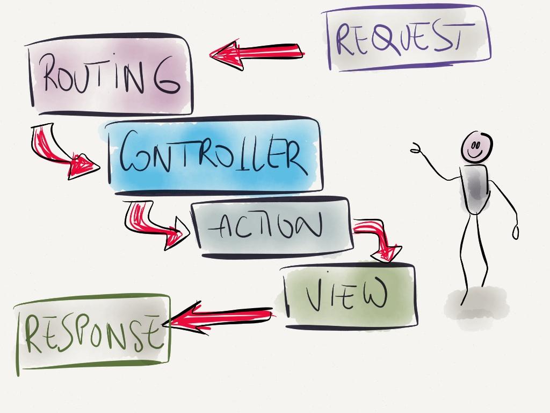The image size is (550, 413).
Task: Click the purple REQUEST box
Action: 408,38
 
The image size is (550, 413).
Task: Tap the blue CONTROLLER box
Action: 215,156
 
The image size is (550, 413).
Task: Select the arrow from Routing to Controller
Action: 59,151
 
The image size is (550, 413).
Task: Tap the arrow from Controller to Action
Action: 150,223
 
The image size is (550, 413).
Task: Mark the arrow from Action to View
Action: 379,237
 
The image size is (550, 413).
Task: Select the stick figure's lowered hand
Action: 516,232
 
